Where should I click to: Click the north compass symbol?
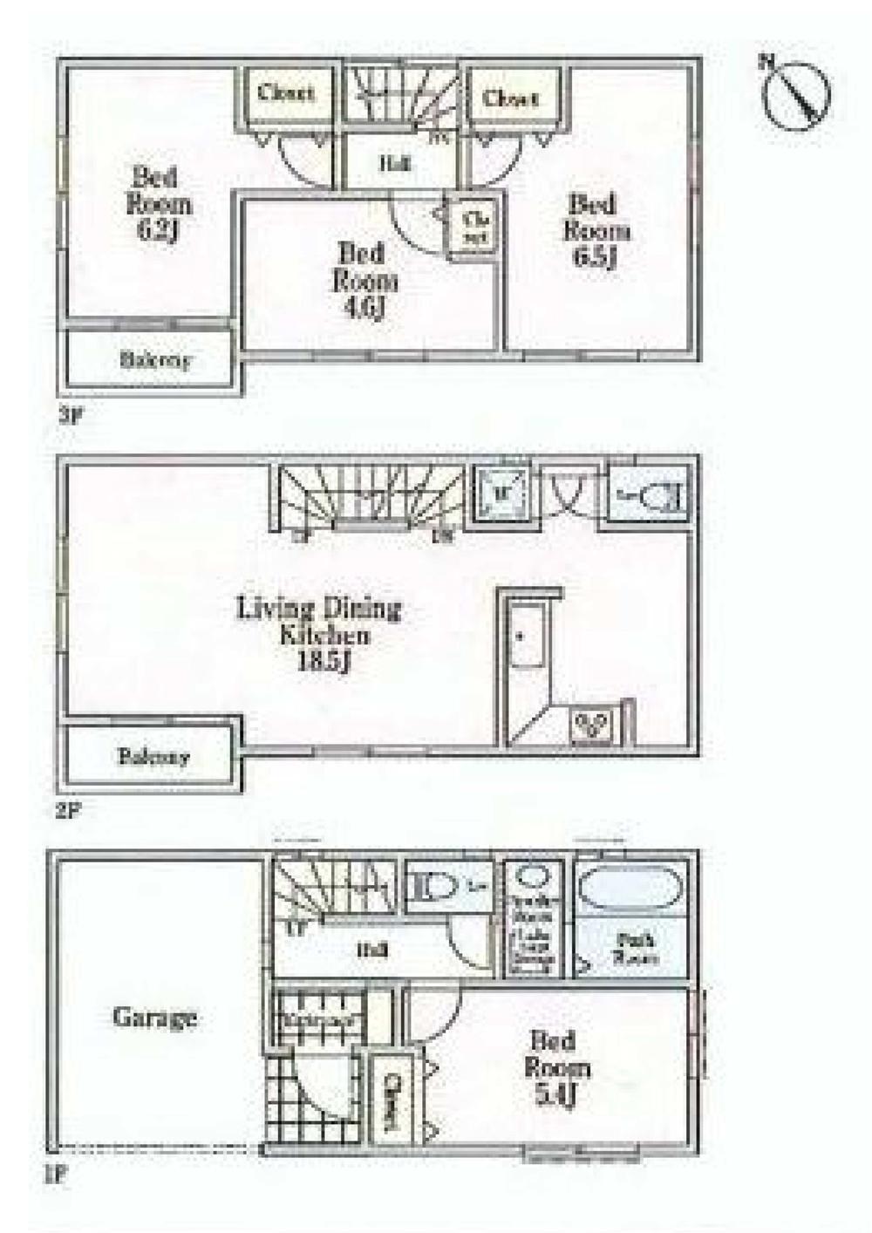point(795,93)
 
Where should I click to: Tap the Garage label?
point(154,1017)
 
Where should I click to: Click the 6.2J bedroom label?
point(159,205)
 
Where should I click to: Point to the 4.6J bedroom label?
point(364,281)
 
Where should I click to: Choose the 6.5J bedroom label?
point(596,231)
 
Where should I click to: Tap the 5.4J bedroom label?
point(555,1068)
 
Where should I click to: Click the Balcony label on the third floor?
point(154,360)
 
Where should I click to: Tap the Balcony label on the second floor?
point(153,756)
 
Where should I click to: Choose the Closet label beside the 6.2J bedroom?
point(286,92)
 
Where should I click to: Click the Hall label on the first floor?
point(371,950)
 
